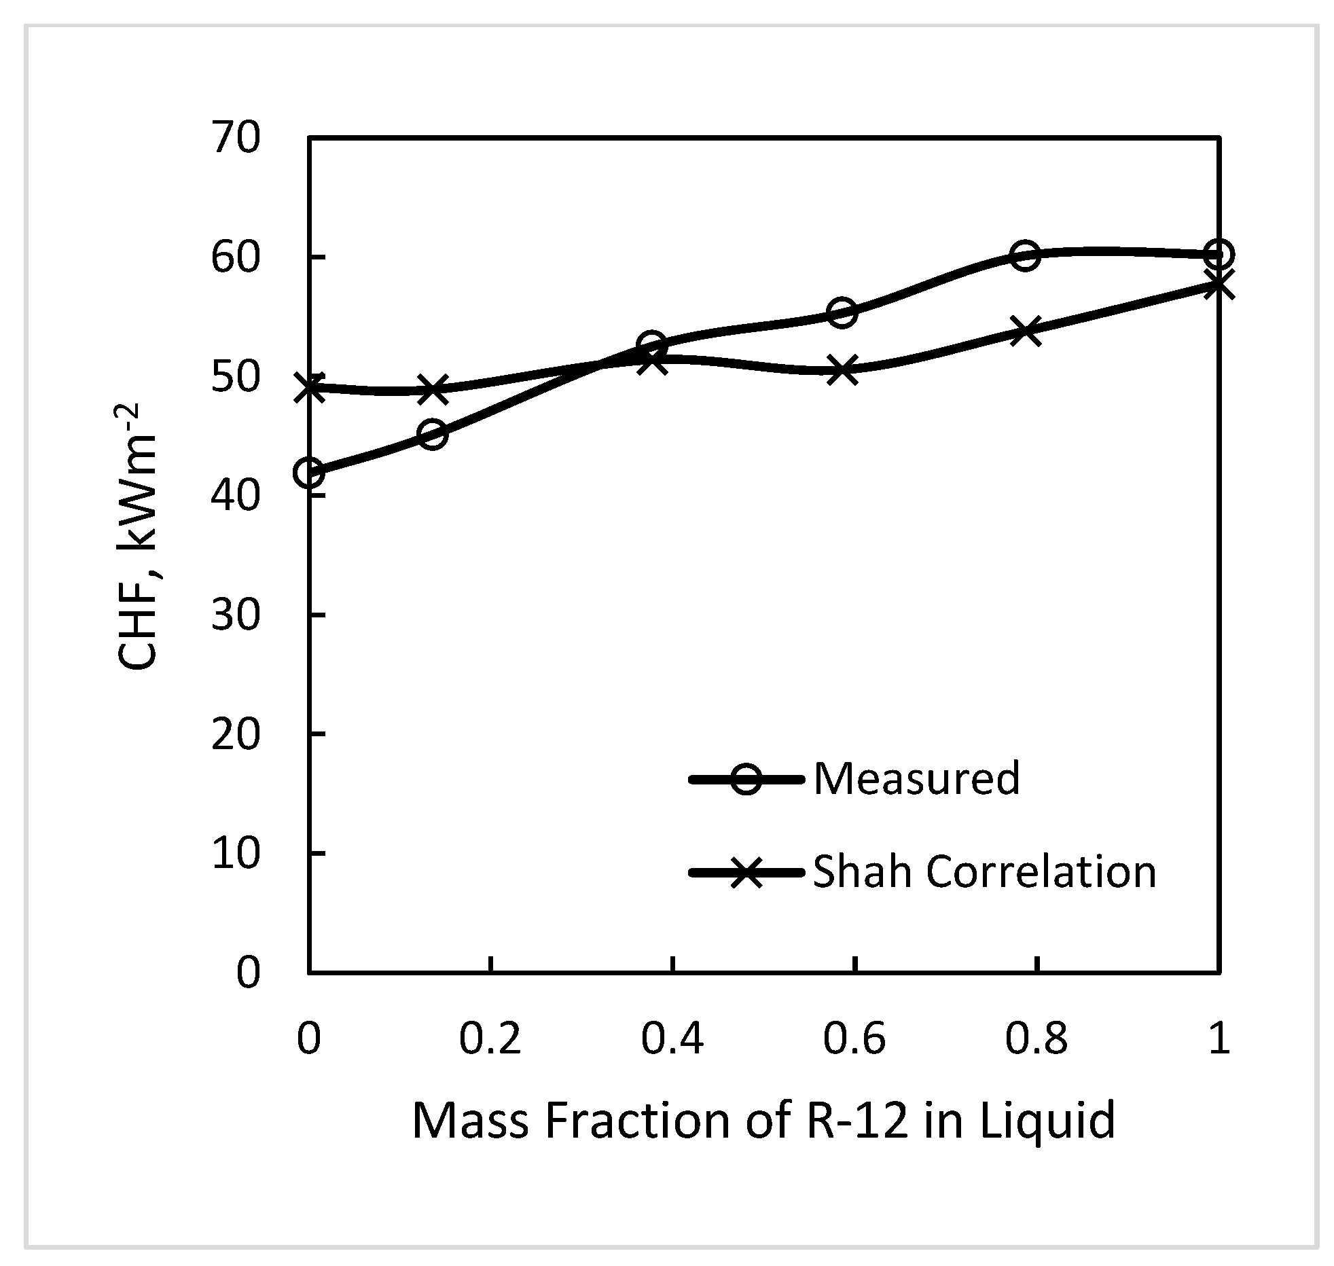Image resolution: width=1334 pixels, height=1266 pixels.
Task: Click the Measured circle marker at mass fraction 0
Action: [310, 472]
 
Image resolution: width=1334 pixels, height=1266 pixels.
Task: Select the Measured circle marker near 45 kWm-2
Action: [433, 434]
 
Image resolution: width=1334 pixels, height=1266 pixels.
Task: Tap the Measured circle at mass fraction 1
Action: [1219, 254]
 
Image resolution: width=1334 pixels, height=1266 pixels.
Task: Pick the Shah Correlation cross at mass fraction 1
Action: [1219, 285]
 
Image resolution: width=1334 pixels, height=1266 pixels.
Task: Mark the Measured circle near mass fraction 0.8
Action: [1025, 255]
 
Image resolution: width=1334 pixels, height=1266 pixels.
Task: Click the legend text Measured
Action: [916, 778]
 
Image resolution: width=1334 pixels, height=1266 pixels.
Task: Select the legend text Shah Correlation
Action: [984, 871]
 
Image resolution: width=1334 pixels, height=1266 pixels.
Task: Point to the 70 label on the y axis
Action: [235, 139]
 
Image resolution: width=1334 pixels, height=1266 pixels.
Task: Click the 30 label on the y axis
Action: [235, 615]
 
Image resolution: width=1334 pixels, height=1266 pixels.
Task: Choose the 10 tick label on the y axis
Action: [235, 853]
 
